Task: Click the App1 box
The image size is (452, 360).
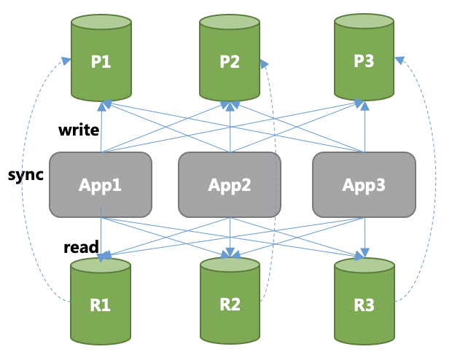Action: click(x=101, y=184)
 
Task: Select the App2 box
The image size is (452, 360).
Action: click(x=230, y=184)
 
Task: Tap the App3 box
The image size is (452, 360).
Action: click(x=365, y=184)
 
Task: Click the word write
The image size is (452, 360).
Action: click(x=79, y=130)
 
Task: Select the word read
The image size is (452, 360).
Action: click(x=81, y=247)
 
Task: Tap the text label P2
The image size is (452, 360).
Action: click(x=230, y=62)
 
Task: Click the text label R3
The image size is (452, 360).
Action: click(x=365, y=305)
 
